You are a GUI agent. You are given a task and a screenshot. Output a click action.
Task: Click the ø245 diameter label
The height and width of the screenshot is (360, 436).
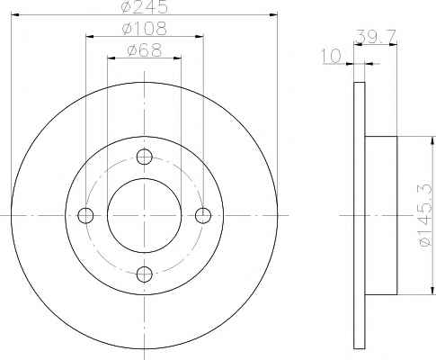click(145, 6)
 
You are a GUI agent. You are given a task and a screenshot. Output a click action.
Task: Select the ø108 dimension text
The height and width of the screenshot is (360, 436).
click(144, 29)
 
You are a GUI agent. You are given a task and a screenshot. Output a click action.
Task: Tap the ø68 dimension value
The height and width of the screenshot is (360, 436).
click(145, 49)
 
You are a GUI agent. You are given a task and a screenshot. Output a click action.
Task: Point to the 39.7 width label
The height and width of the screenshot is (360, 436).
click(376, 37)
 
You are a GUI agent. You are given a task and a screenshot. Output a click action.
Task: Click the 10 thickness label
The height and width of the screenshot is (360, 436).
click(332, 56)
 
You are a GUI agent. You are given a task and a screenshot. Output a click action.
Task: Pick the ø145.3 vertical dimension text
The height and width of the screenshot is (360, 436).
click(426, 214)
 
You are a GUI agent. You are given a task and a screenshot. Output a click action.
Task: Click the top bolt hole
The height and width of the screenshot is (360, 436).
click(145, 157)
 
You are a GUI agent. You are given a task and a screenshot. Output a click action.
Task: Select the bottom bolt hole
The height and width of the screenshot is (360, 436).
click(145, 274)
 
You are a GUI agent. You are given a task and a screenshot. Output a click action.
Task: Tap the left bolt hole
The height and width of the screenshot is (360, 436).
click(85, 215)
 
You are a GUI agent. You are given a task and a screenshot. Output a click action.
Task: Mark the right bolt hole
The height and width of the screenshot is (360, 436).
click(203, 215)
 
